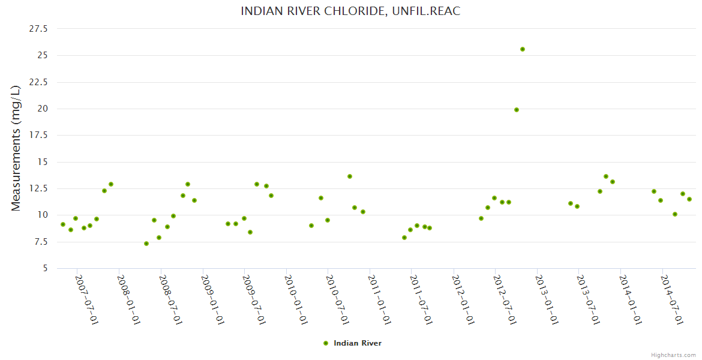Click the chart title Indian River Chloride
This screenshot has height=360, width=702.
350,11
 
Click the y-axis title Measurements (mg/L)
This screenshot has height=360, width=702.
16,148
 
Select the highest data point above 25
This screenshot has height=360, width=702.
523,49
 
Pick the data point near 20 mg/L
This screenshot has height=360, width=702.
517,110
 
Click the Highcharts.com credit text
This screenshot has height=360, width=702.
673,355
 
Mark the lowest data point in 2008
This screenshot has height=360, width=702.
146,244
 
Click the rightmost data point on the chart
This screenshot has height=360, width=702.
689,199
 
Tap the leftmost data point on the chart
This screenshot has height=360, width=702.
63,224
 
